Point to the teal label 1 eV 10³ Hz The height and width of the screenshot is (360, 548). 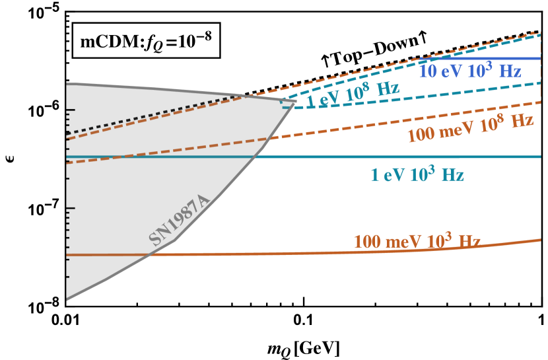(x=417, y=175)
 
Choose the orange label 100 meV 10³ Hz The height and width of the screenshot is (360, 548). (x=417, y=241)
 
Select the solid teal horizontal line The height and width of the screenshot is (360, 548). (x=396, y=157)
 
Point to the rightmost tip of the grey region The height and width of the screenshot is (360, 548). (x=296, y=100)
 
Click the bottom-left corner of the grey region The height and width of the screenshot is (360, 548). (x=67, y=301)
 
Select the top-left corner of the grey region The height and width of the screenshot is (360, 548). (x=67, y=83)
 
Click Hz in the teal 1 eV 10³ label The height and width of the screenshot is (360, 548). (x=452, y=175)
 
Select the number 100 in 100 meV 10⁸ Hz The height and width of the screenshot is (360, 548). (x=420, y=135)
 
